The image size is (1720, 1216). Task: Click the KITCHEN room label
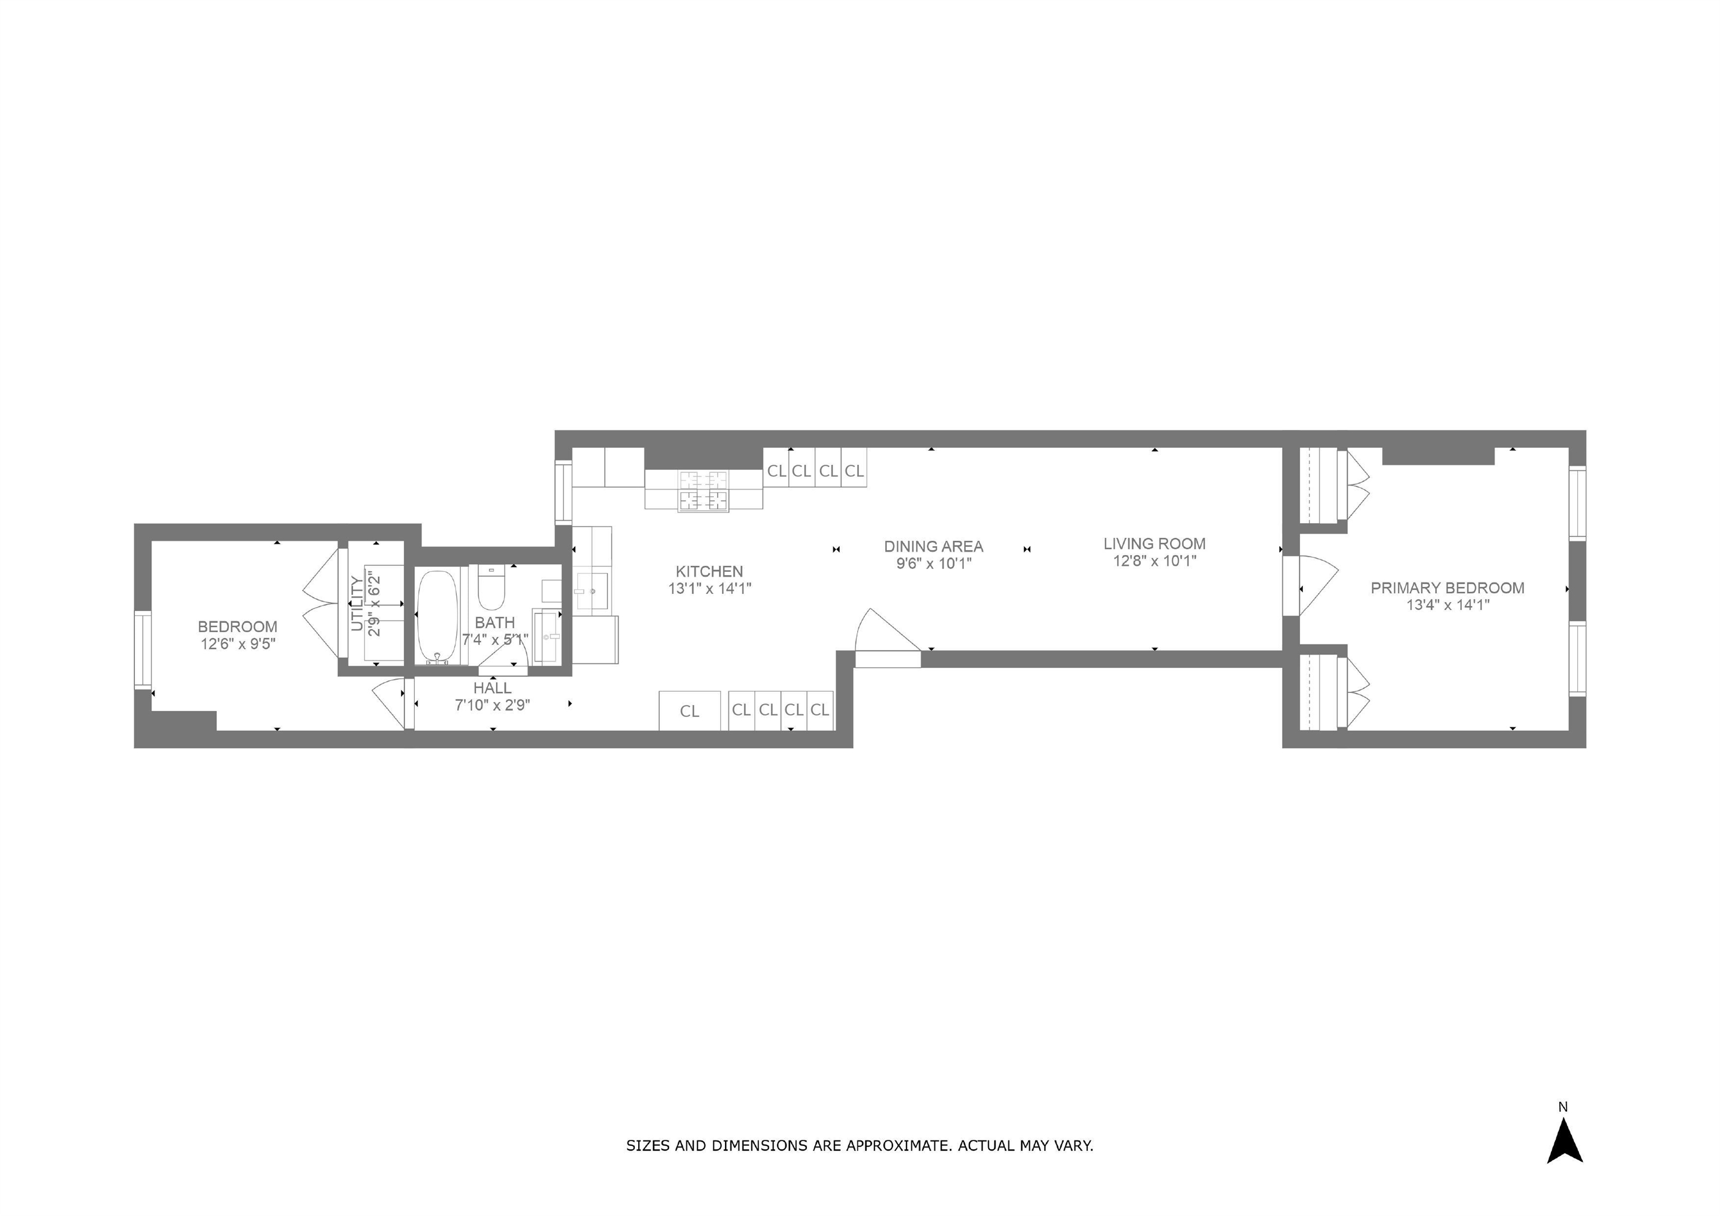(709, 571)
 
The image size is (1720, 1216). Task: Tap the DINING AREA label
(933, 546)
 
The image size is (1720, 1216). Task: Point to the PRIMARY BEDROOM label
(1447, 588)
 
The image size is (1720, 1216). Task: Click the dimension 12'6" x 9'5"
(237, 644)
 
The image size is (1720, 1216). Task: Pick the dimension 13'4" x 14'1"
(1447, 604)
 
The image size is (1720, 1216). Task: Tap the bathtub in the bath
(437, 617)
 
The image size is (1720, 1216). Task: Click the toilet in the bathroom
(492, 588)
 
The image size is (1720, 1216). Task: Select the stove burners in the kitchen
(703, 491)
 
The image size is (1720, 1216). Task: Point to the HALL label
(492, 688)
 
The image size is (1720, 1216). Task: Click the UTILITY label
(358, 603)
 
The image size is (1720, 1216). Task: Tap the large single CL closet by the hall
(689, 710)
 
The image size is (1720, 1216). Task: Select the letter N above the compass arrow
(1563, 1106)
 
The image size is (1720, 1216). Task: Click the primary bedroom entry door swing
(1316, 584)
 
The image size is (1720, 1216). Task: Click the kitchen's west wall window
(563, 491)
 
